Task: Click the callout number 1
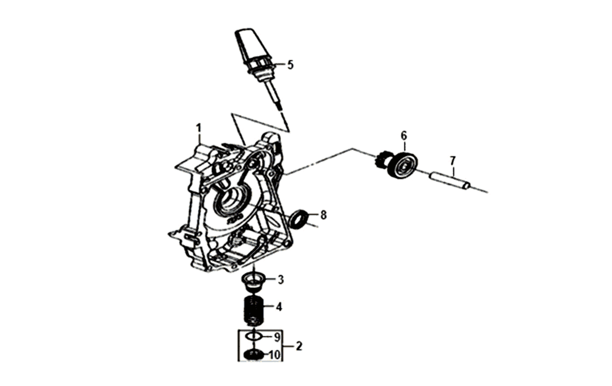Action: click(199, 127)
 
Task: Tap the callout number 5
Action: click(290, 65)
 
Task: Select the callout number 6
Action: click(403, 136)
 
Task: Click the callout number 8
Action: click(323, 215)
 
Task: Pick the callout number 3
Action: click(280, 280)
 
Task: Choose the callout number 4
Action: click(278, 307)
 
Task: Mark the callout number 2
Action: click(299, 346)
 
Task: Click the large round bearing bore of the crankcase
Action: click(232, 201)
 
